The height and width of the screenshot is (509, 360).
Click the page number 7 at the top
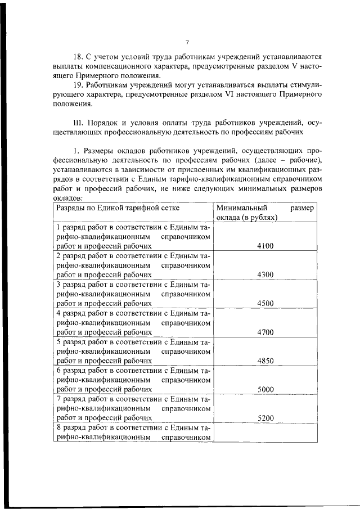click(187, 43)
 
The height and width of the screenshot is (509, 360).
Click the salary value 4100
click(265, 246)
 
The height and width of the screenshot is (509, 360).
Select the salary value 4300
click(265, 274)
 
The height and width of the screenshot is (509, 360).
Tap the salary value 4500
click(265, 303)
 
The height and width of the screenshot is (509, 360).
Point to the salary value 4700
click(265, 332)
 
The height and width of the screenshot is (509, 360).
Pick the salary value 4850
click(265, 361)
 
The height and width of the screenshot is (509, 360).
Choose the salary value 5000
click(265, 389)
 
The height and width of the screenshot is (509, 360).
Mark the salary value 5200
click(265, 418)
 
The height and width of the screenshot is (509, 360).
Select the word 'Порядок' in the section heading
click(105, 122)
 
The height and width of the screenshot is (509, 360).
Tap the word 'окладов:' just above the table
click(68, 197)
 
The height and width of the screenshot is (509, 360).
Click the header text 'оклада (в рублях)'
click(247, 218)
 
